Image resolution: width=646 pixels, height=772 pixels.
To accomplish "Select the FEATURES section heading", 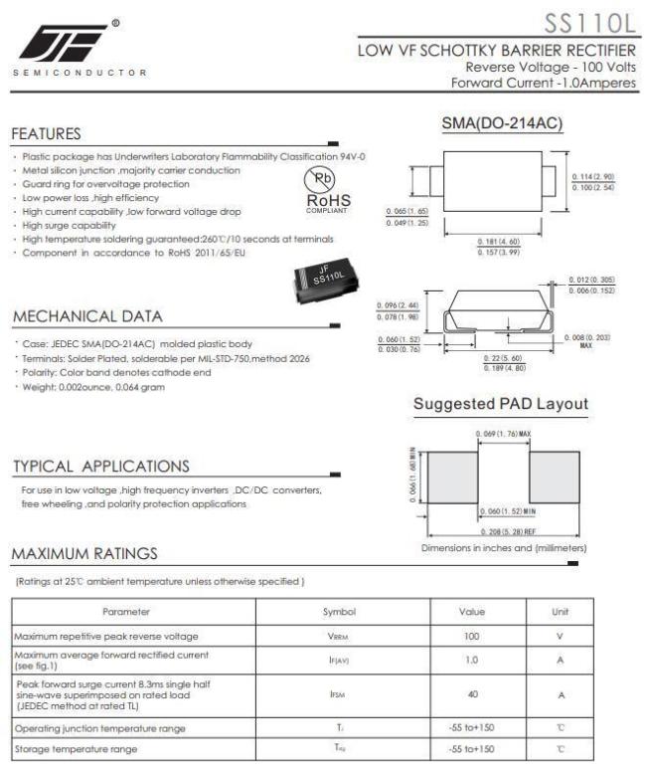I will coord(47,133).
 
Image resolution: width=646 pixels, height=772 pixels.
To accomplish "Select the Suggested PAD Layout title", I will coord(500,404).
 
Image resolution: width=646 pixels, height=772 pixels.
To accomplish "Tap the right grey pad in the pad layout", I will coord(554,476).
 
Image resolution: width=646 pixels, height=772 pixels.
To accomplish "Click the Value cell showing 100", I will coord(471,636).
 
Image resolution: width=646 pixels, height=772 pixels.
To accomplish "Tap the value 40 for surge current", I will coord(471,696).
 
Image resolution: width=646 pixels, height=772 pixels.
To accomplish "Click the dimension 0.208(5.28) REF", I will coord(503,532).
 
